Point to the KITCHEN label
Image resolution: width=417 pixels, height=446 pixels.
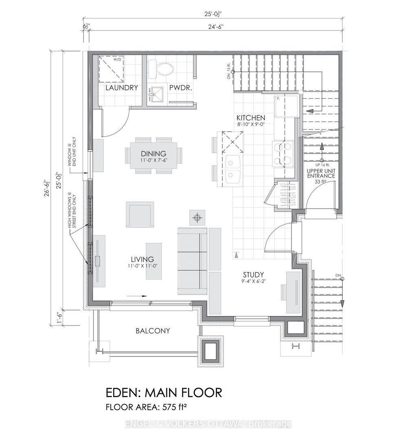point(252,118)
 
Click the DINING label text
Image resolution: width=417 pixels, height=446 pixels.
point(154,154)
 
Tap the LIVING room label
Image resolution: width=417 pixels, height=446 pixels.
point(142,259)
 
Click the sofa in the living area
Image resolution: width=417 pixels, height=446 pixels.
point(193,260)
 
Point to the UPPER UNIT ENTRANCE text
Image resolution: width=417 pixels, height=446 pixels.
point(321,173)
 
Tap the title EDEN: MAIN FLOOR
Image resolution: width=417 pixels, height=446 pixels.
point(164,393)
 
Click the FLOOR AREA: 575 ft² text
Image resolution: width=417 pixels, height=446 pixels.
point(148,407)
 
